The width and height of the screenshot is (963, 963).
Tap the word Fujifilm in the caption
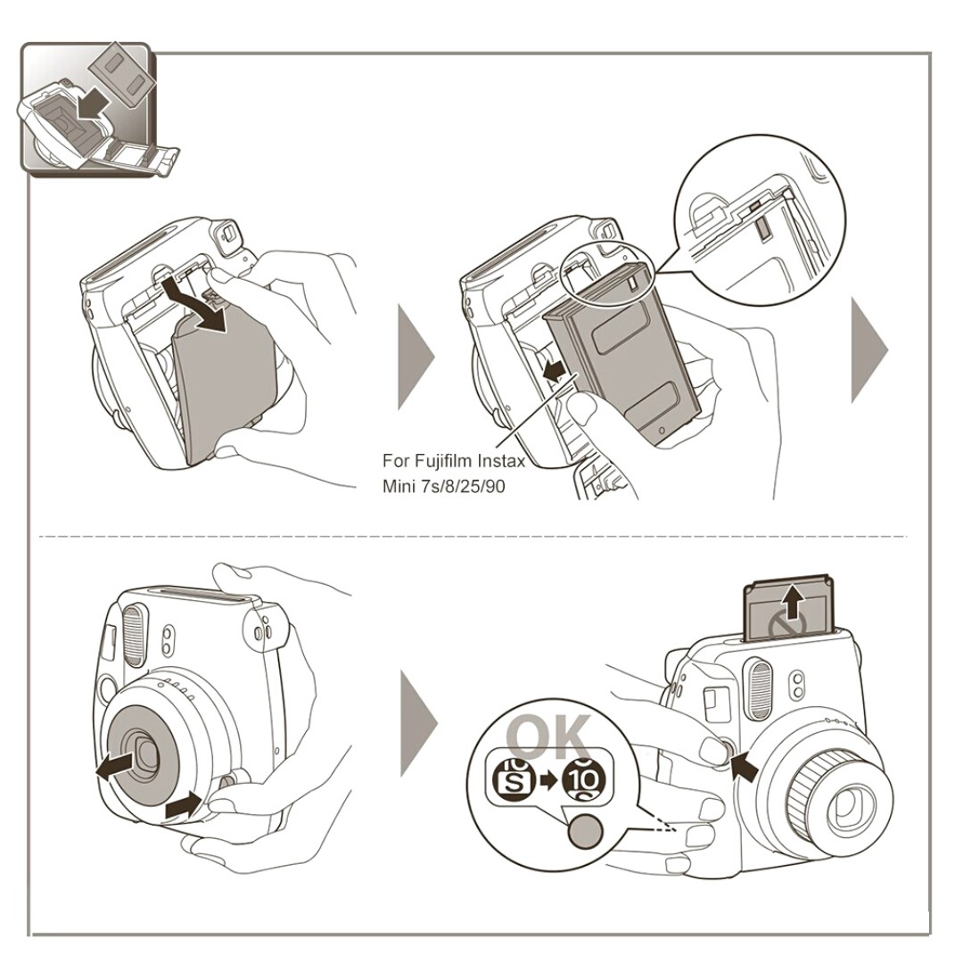pos(443,461)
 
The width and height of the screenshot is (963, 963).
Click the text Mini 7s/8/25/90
pos(443,487)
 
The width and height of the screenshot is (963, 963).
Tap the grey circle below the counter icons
pos(586,831)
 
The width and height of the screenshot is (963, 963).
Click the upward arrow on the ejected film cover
pos(793,602)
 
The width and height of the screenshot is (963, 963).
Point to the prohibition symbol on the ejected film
pos(786,626)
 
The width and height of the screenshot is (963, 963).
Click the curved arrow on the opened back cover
pos(195,304)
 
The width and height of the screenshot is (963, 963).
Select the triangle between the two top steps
pos(416,357)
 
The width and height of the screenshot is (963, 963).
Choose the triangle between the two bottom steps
pos(418,723)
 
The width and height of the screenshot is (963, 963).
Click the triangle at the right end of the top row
pos(869,350)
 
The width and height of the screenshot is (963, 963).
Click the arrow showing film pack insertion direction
pos(554,371)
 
